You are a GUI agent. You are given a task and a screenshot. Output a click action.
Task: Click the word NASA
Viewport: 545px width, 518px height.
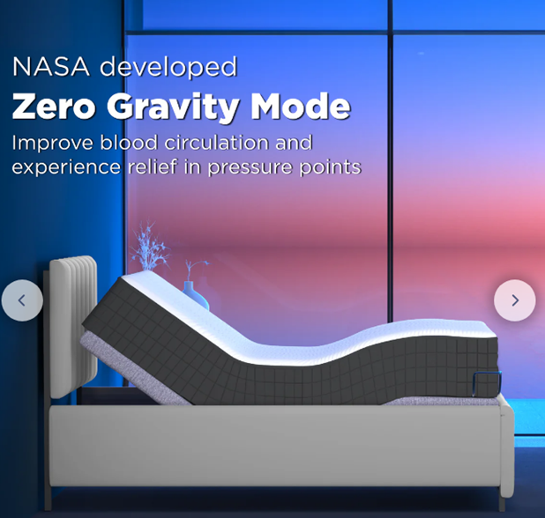[51, 66]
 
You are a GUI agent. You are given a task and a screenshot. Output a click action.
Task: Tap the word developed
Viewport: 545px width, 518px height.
[168, 67]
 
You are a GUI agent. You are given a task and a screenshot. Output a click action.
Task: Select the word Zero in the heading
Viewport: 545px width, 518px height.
[54, 107]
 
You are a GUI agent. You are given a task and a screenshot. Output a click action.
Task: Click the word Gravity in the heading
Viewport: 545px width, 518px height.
[173, 108]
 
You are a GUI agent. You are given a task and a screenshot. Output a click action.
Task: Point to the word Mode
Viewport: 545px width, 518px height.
[301, 107]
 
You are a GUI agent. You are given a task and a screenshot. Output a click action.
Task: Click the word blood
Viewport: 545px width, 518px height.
[129, 143]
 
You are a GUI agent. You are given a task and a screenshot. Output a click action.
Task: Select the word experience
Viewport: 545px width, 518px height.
[66, 168]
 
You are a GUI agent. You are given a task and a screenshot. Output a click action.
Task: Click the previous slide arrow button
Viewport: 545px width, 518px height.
[22, 300]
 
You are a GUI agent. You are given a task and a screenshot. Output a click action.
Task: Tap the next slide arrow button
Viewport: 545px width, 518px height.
[515, 300]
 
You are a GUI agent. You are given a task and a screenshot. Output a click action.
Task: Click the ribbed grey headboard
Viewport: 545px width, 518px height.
[73, 327]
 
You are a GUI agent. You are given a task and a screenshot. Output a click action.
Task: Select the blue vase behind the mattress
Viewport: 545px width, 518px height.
[196, 295]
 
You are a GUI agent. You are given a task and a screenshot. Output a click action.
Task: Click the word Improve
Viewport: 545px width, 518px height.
[53, 144]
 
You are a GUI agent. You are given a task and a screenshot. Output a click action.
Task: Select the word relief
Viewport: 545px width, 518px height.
[153, 166]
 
